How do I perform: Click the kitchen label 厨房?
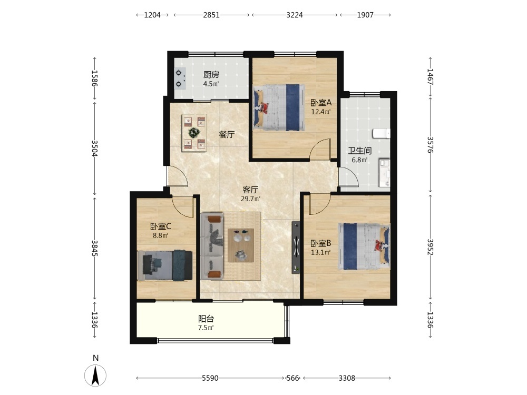click(x=211, y=75)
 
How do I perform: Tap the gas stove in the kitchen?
click(x=180, y=78)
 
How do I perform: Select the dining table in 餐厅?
click(x=194, y=133)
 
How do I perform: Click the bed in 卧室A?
click(x=279, y=107)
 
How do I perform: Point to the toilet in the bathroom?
click(x=382, y=133)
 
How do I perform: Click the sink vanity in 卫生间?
click(x=385, y=173)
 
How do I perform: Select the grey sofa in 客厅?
click(x=212, y=246)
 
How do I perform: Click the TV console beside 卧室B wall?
click(x=296, y=247)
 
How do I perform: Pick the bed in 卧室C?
click(x=164, y=265)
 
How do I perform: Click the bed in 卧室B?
click(x=364, y=246)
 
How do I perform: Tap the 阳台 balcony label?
click(x=206, y=319)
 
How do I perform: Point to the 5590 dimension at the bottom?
click(x=210, y=378)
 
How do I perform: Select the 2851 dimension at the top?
click(x=211, y=15)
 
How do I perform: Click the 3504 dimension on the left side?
click(x=94, y=148)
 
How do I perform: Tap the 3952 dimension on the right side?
click(x=431, y=247)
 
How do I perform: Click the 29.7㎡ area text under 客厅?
click(x=250, y=199)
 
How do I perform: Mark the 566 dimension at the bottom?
click(x=292, y=378)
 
